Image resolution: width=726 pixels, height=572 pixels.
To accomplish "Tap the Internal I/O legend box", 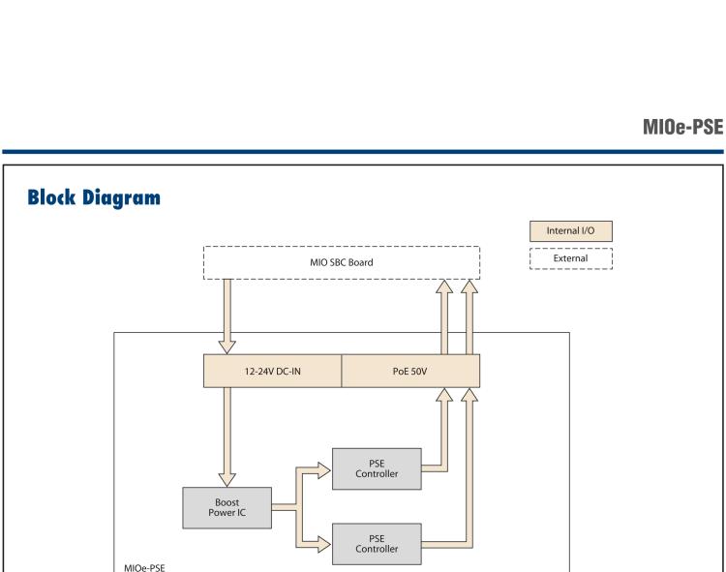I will tap(571, 231).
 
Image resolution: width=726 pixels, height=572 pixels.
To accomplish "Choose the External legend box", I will tap(571, 258).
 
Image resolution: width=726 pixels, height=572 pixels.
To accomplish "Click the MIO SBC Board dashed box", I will tap(342, 263).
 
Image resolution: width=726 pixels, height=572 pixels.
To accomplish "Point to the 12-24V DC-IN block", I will tap(272, 371).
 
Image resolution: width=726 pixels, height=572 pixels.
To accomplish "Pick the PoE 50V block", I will tap(410, 371).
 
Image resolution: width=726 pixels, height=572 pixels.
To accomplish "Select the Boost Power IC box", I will tap(227, 507).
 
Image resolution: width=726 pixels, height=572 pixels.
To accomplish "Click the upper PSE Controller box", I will tap(377, 468).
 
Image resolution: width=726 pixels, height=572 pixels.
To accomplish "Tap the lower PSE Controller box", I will tap(377, 544).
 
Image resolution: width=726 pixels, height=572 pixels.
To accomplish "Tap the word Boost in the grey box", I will tap(227, 501).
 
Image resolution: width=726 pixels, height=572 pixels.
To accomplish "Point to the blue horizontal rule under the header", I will tap(363, 151).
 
